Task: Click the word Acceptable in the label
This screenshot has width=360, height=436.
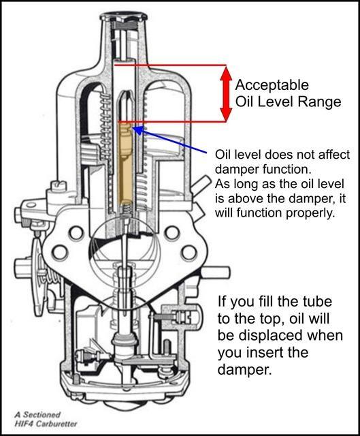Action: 272,84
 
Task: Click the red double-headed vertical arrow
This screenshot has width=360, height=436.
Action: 226,93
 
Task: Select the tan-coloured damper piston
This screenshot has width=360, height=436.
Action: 125,164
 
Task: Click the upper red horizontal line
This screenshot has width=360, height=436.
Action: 170,65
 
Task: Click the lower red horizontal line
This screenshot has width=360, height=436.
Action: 172,121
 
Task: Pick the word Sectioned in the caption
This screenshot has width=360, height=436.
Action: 42,415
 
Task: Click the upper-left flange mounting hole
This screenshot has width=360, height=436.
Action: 76,232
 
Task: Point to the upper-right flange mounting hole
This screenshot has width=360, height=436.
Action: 172,232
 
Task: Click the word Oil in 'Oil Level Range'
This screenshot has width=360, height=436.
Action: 244,102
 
